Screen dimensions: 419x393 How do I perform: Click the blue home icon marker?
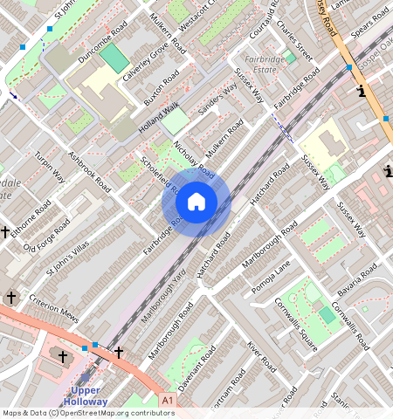196,203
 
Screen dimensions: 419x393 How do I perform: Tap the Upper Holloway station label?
85,395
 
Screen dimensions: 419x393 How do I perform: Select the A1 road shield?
168,400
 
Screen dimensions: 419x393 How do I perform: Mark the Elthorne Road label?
31,215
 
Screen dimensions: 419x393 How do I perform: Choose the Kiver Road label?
261,359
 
